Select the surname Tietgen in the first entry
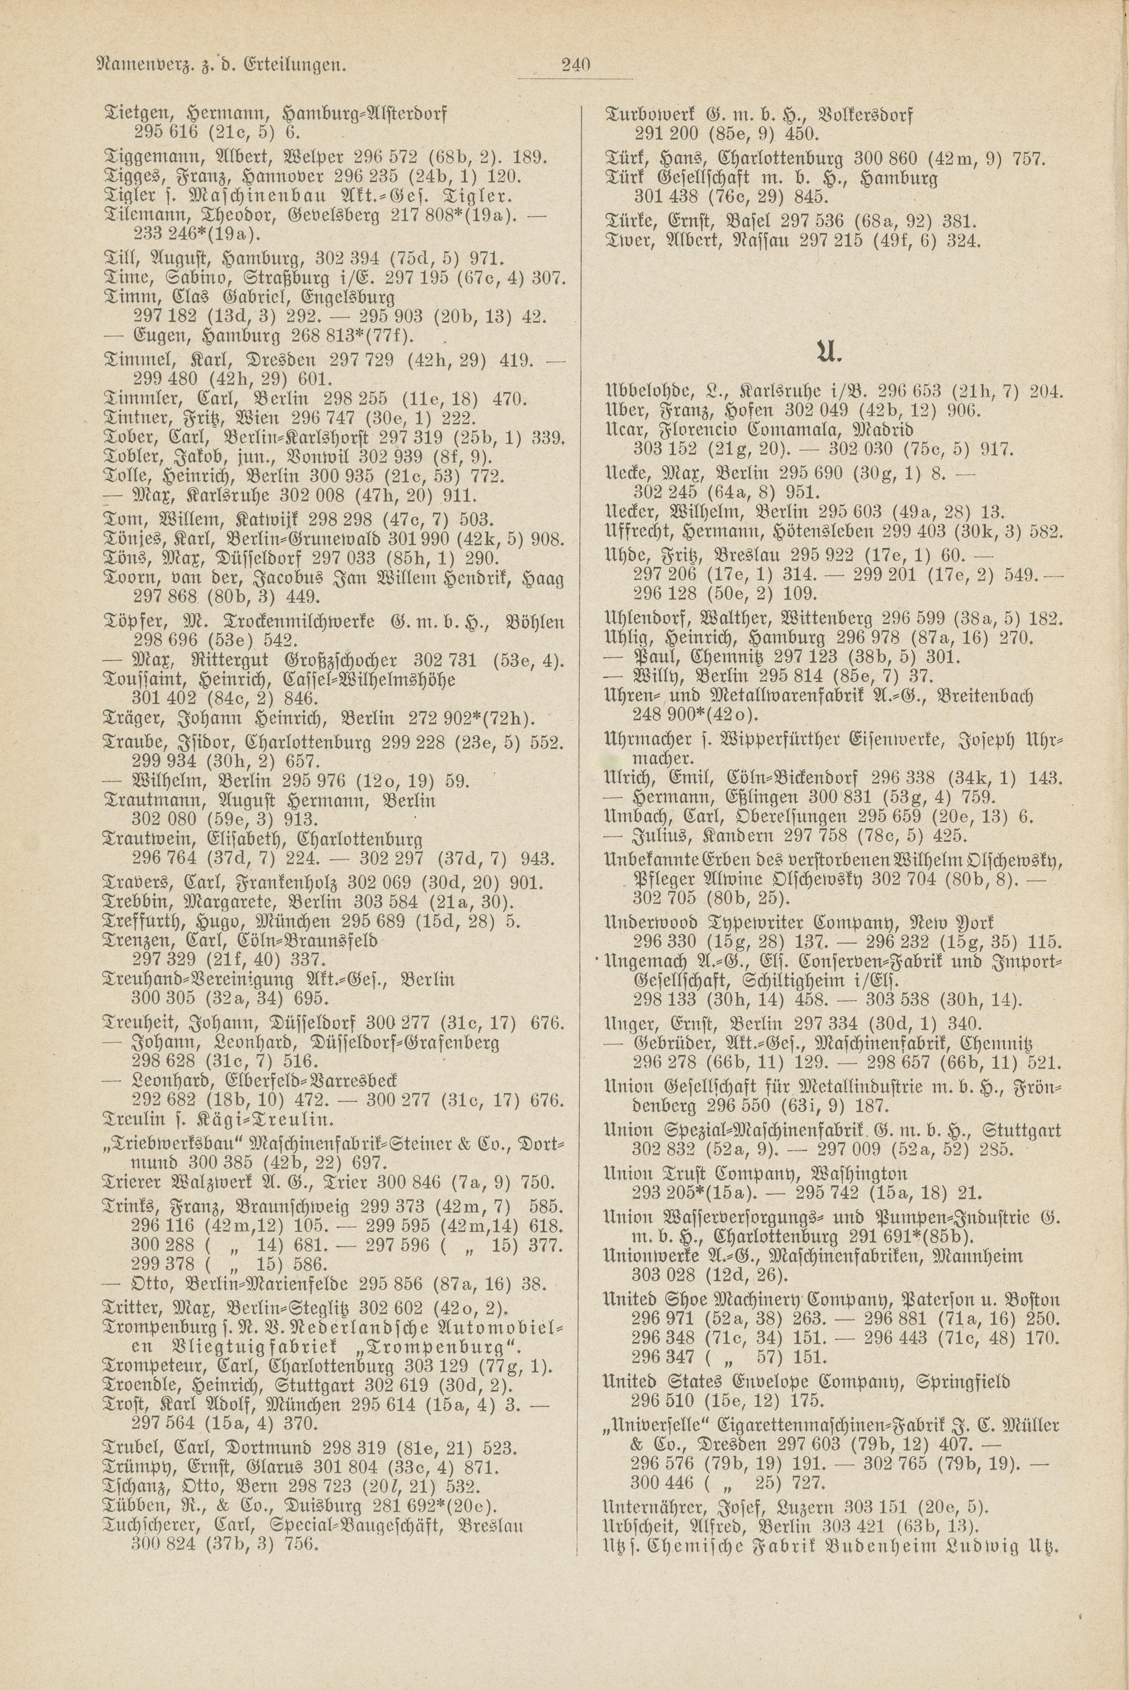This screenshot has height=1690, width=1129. (x=134, y=114)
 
